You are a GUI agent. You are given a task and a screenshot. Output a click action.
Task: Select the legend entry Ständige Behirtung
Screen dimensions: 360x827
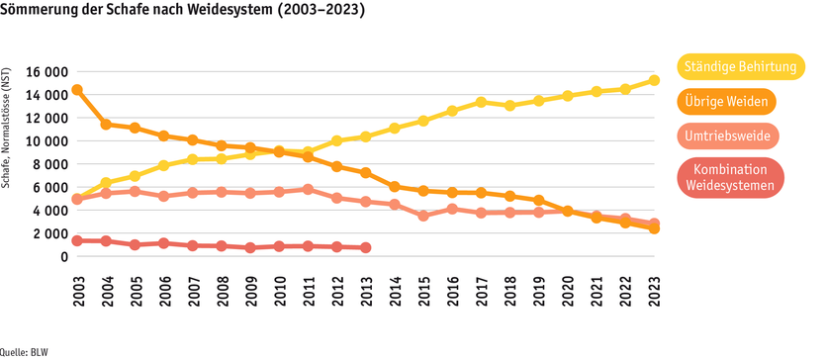(739, 67)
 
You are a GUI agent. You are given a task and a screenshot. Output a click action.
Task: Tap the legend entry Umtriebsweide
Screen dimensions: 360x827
(728, 135)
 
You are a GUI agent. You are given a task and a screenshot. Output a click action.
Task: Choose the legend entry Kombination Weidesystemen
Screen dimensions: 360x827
(731, 178)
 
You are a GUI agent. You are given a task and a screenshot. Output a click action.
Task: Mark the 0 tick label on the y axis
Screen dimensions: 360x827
(63, 257)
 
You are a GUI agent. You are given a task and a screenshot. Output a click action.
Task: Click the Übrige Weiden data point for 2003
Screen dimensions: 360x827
(77, 90)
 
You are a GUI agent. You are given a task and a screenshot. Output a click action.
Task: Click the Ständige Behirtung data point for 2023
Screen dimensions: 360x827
(654, 81)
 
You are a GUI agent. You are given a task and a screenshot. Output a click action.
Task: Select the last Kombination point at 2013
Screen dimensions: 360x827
(366, 247)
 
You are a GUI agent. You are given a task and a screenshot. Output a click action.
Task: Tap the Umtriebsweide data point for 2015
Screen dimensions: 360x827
(423, 216)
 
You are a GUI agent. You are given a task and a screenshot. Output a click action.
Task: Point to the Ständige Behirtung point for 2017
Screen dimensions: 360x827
(481, 102)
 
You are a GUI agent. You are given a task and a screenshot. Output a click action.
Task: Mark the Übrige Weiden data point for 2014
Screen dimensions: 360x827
(395, 186)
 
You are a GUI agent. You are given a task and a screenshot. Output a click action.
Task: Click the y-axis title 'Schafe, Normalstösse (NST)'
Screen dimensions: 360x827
(8, 128)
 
